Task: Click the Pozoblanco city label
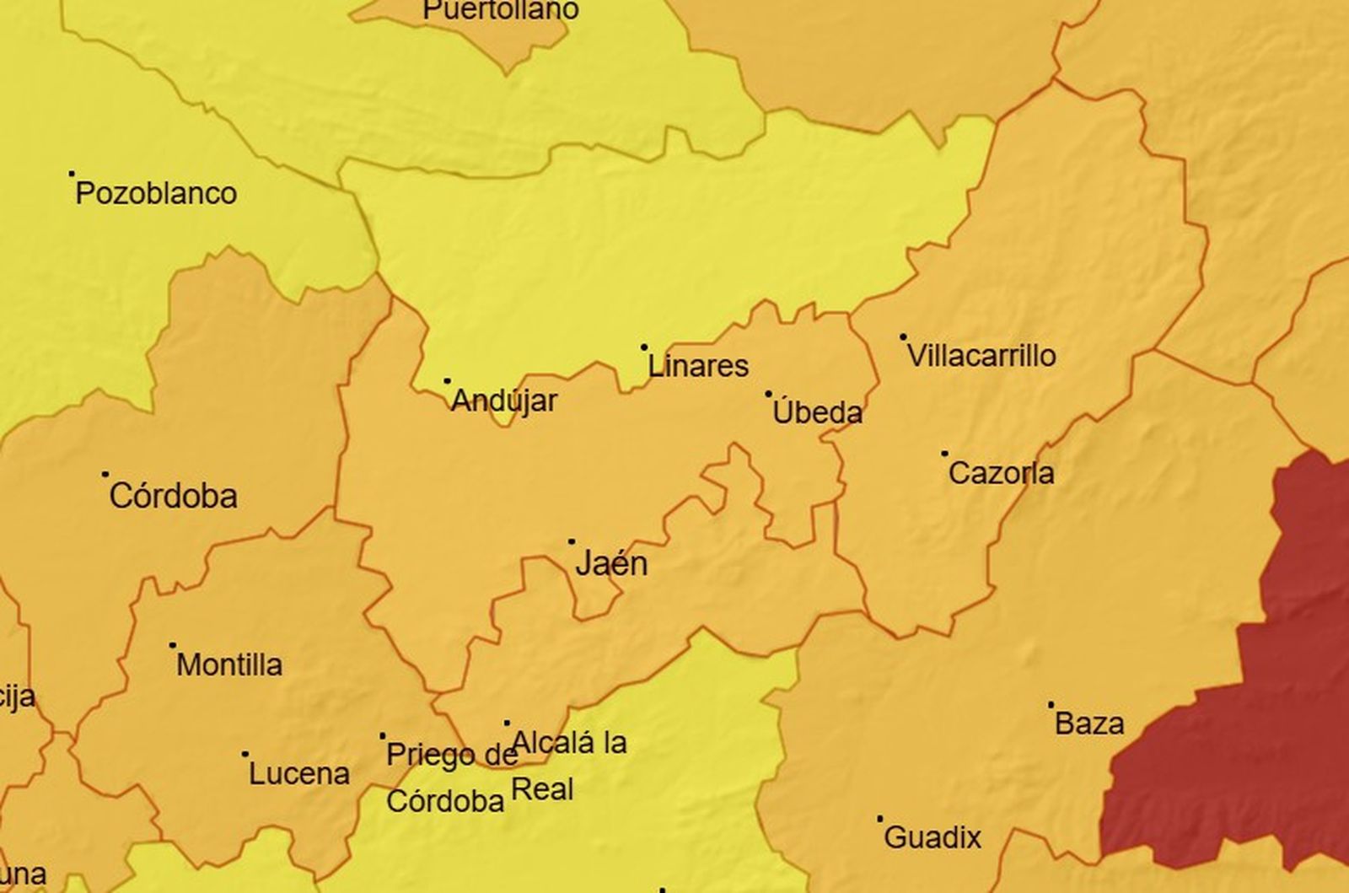[x=156, y=194]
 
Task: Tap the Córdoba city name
[x=173, y=496]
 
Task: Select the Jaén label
[x=611, y=563]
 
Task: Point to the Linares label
[x=698, y=366]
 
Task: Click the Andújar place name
[x=504, y=401]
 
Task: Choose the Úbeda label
[x=817, y=412]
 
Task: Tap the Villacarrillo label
[x=981, y=355]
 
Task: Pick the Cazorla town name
[x=1001, y=473]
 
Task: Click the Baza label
[x=1089, y=724]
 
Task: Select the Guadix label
[x=933, y=837]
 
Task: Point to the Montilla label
[x=229, y=664]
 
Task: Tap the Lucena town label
[x=298, y=773]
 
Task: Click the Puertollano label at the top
[x=500, y=10]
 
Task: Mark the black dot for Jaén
[x=572, y=541]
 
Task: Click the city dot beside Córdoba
[x=105, y=474]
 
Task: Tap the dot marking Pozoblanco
[x=72, y=174]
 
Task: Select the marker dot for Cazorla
[x=944, y=454]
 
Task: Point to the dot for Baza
[x=1051, y=704]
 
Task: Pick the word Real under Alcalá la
[x=543, y=789]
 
